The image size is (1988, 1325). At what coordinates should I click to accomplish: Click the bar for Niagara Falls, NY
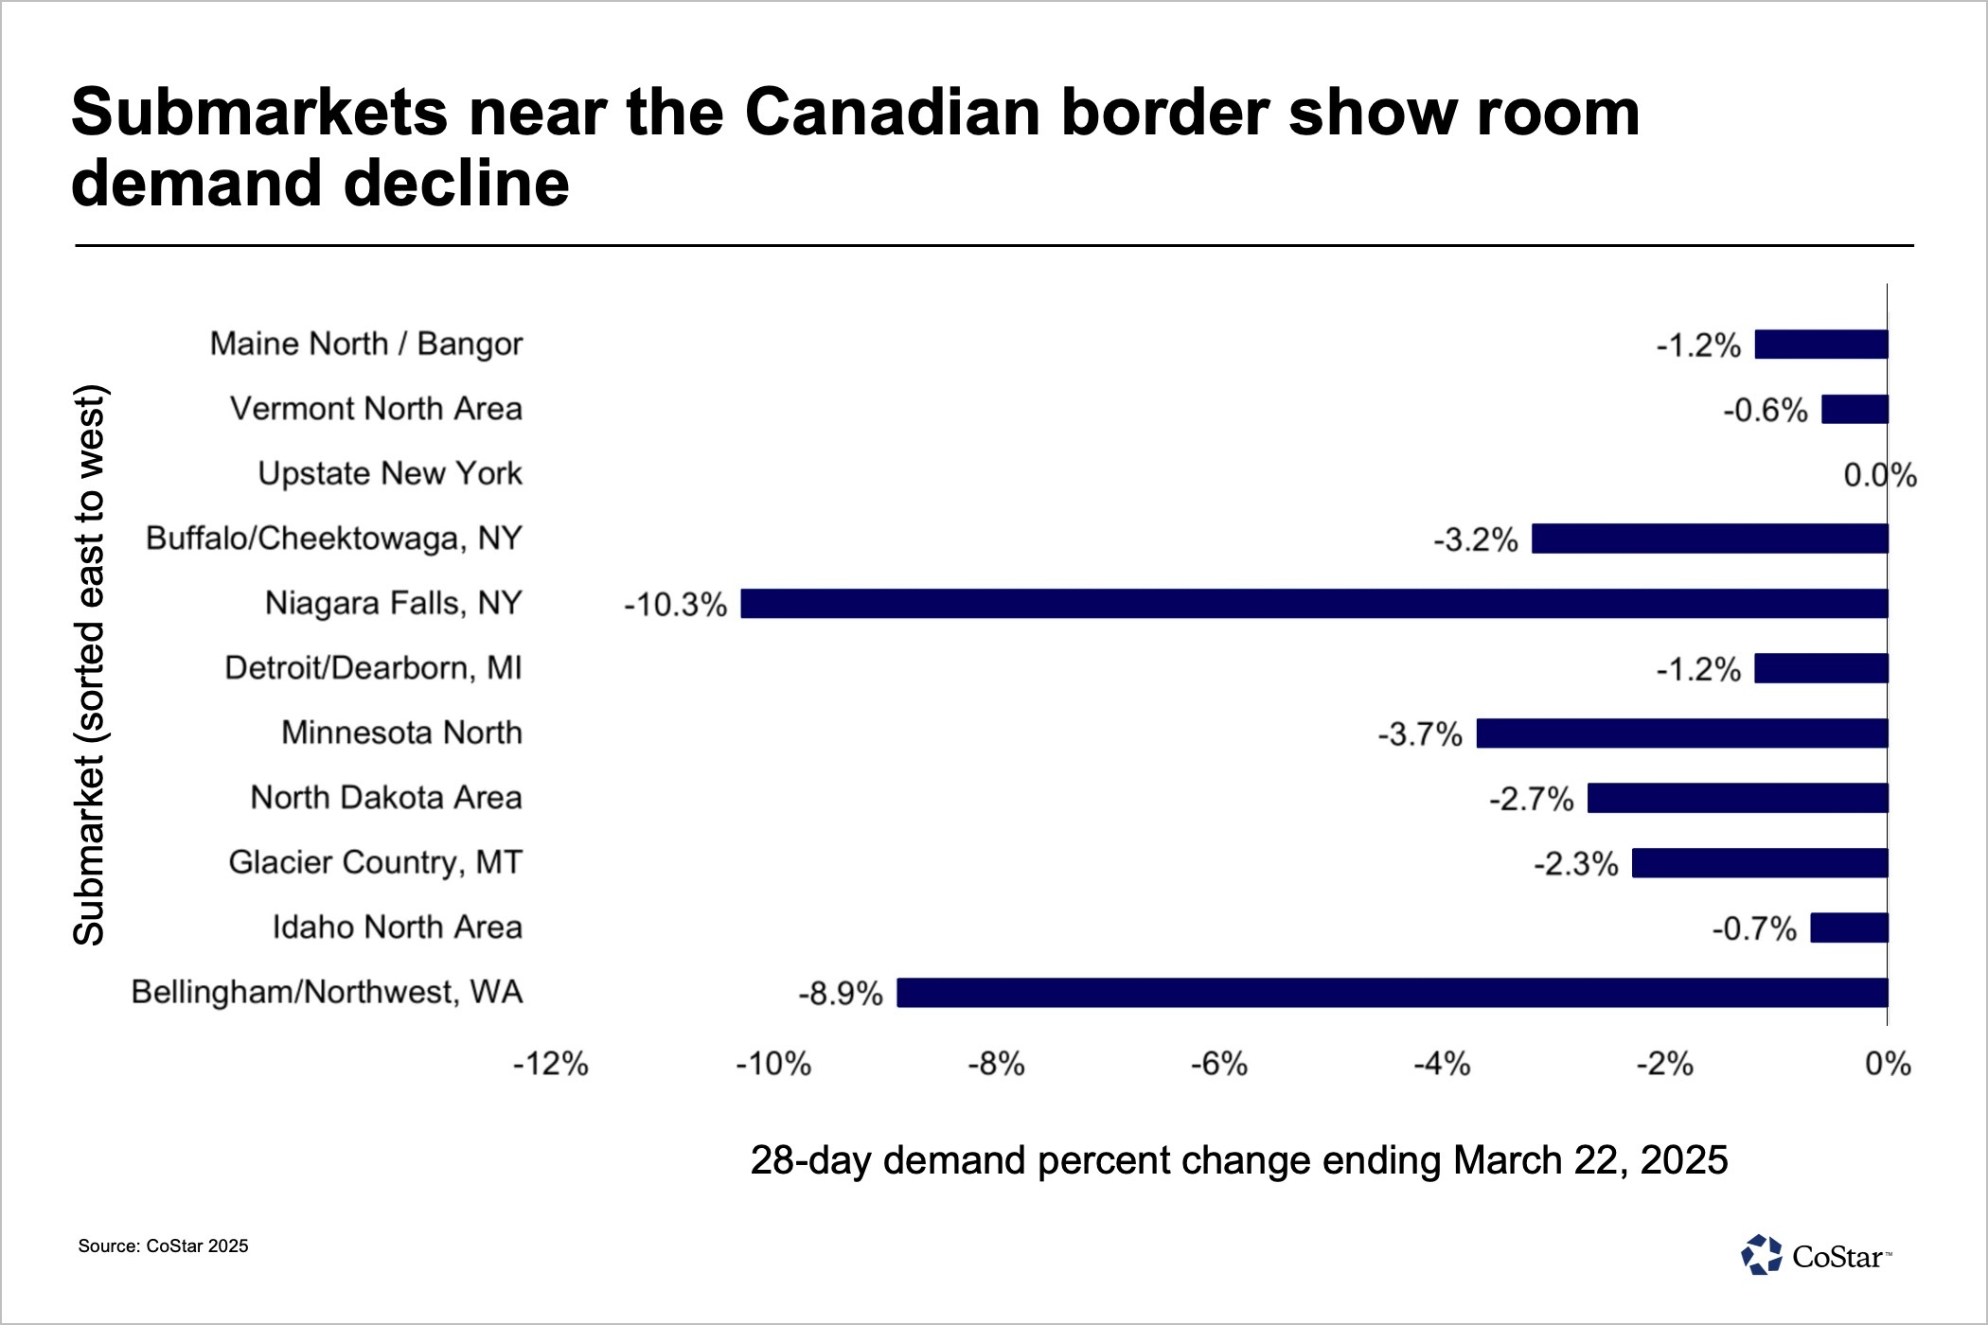[1314, 604]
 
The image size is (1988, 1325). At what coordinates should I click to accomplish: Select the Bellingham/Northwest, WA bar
[1392, 993]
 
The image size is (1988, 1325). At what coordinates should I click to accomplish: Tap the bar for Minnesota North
[1682, 733]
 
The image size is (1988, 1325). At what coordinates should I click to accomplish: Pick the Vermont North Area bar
[1855, 410]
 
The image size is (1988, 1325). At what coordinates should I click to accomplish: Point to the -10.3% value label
[675, 605]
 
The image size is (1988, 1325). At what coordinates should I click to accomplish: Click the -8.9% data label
[841, 994]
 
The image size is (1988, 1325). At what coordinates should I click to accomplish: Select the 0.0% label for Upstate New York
[1879, 475]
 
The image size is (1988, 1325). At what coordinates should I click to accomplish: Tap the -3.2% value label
[1475, 540]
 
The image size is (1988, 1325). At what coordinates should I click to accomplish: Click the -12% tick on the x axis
[551, 1065]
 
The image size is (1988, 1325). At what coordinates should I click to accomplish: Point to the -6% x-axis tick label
[1219, 1065]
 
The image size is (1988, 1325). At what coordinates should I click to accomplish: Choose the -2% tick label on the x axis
[1665, 1065]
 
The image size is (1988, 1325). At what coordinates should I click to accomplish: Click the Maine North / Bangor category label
[365, 344]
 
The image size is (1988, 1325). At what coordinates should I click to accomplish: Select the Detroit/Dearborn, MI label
[373, 668]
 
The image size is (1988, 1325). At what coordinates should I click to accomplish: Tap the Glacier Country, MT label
[375, 862]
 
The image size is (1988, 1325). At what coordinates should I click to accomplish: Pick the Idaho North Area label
[397, 927]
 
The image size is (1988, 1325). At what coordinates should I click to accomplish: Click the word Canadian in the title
[893, 113]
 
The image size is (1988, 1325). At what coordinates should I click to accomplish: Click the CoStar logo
[1815, 1256]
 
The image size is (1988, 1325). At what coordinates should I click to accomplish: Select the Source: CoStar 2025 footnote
[163, 1246]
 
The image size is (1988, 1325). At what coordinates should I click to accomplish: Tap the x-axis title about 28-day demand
[1238, 1160]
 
